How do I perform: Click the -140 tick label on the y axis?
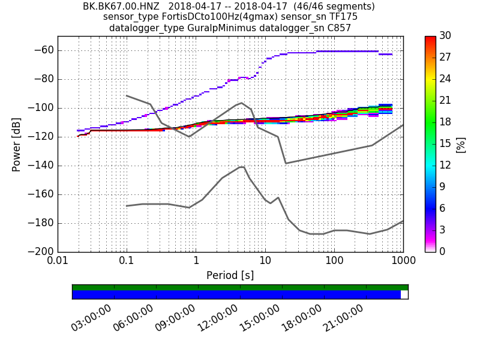coord(40,166)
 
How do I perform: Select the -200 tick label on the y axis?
coord(40,251)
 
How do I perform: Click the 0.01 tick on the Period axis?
coord(58,262)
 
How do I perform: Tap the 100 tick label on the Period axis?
coord(334,262)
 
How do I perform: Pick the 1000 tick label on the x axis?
coord(403,262)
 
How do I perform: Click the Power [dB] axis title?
coord(16,144)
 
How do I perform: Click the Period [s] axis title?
coord(230,275)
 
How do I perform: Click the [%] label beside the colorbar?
coord(461,144)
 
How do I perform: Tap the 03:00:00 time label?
coord(92,318)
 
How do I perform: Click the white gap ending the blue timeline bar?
coord(404,295)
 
